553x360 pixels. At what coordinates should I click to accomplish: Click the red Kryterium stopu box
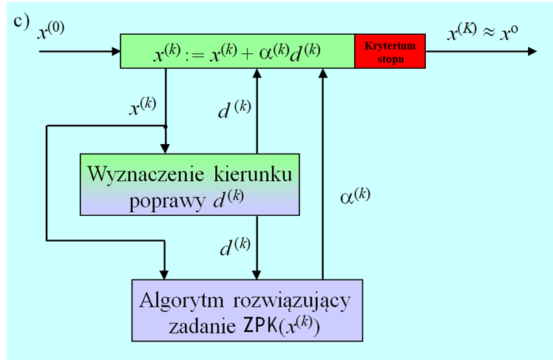click(390, 51)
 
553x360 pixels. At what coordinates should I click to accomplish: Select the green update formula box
click(237, 51)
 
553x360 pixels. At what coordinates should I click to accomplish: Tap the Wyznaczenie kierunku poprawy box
click(189, 185)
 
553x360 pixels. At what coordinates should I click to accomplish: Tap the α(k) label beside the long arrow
click(354, 195)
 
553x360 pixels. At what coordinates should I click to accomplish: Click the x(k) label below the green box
click(143, 108)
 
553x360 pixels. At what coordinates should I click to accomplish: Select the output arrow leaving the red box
click(481, 52)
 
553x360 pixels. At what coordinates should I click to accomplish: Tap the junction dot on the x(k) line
click(166, 126)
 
